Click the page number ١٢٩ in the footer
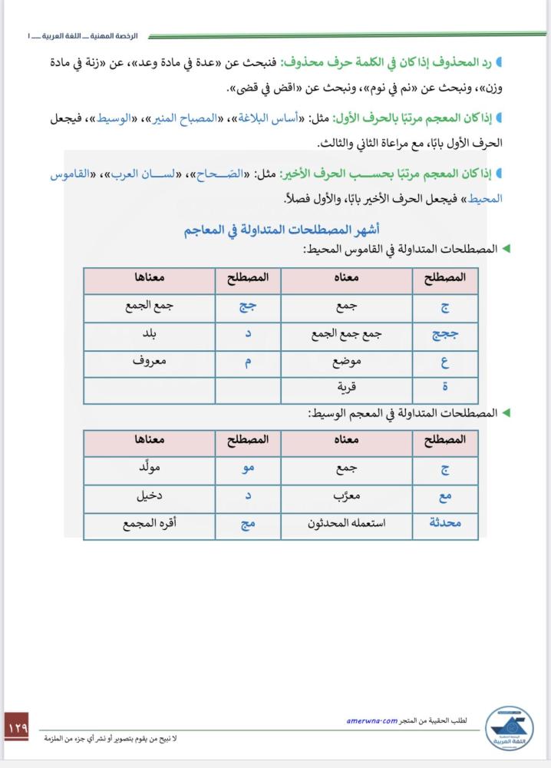[17, 725]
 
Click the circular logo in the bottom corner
[510, 730]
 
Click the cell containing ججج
[445, 335]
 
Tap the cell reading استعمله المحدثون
[347, 525]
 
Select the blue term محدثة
[445, 525]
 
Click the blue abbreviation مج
[249, 525]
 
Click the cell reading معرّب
[347, 497]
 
